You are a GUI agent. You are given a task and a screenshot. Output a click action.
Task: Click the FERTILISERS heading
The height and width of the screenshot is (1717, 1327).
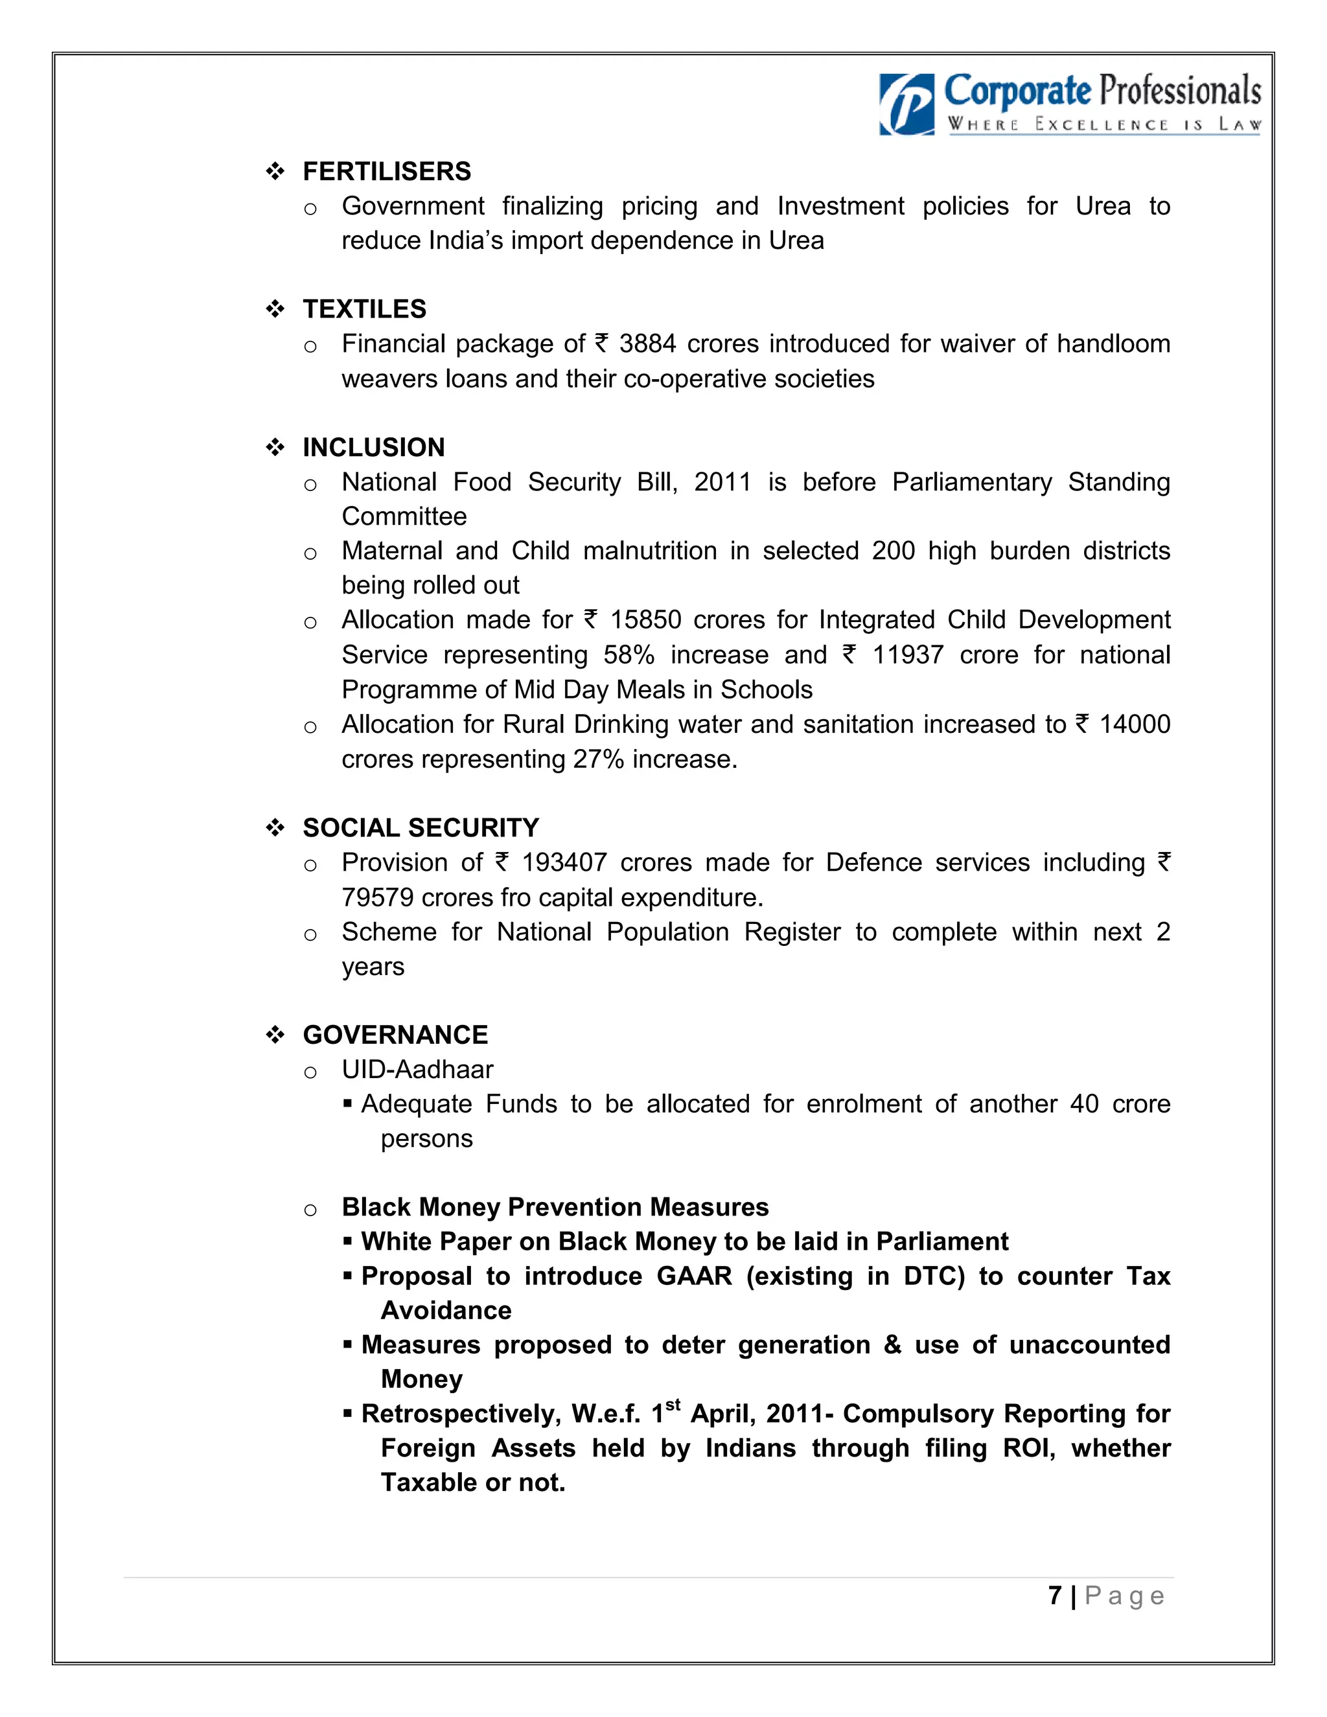(387, 172)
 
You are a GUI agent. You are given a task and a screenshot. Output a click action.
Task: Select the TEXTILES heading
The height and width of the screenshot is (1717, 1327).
(364, 309)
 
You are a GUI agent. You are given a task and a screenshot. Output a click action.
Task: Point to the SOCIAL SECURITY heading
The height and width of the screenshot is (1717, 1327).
(421, 828)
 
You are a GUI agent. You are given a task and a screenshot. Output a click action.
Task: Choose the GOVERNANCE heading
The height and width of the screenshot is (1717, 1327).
(395, 1035)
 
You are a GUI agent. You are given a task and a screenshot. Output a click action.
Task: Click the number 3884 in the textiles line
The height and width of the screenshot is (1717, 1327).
(647, 344)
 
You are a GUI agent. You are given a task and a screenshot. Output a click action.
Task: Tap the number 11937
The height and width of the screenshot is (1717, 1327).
(907, 655)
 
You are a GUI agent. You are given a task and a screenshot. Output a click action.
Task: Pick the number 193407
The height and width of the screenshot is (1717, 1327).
(564, 863)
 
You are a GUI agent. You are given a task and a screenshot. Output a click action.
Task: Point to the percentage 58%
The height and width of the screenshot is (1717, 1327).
(629, 655)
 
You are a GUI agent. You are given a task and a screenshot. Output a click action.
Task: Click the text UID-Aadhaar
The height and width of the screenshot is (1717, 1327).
(417, 1070)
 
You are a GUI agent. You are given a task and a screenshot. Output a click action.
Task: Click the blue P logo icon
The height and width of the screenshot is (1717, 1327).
(906, 104)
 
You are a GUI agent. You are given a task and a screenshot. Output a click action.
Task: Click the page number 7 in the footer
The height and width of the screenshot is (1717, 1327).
(1055, 1596)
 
